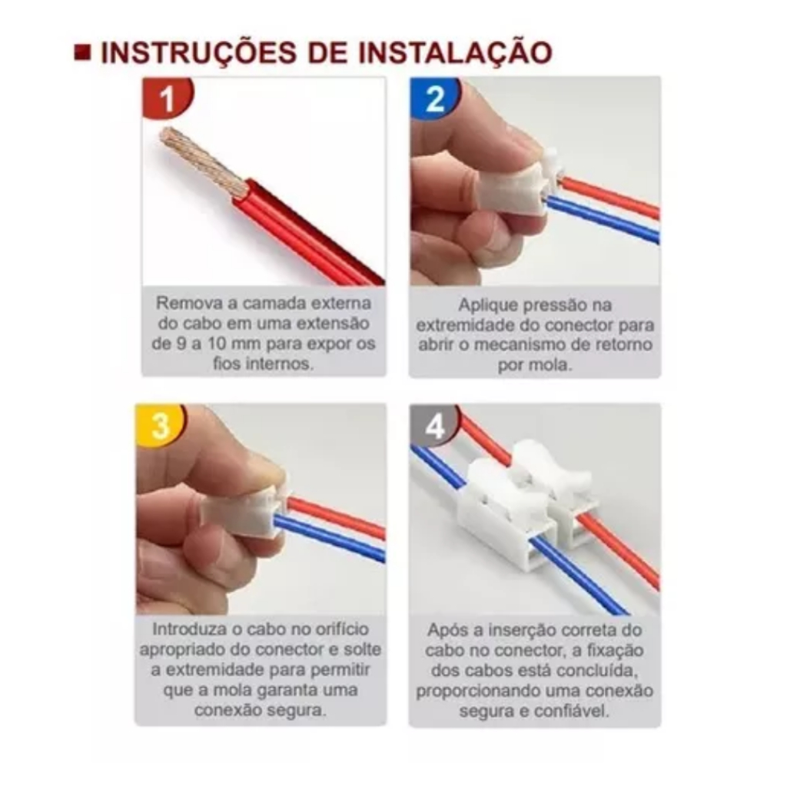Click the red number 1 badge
coord(167,98)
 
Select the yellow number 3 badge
coord(161,425)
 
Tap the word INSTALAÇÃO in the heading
coord(455,52)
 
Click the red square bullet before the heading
coord(82,52)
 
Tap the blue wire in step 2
coord(603,219)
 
